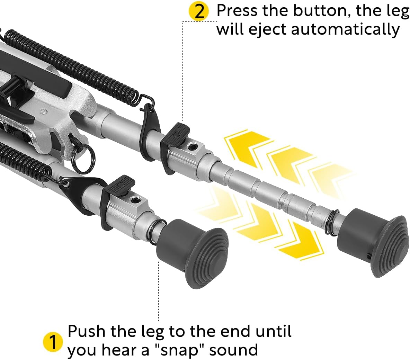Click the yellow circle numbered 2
click(x=199, y=11)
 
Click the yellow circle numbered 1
click(x=53, y=342)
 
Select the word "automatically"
click(x=345, y=29)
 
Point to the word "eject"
click(x=268, y=29)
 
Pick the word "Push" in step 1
click(x=87, y=331)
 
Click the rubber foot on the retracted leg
click(x=193, y=254)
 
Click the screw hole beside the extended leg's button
click(x=193, y=146)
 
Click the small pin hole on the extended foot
click(x=368, y=256)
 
